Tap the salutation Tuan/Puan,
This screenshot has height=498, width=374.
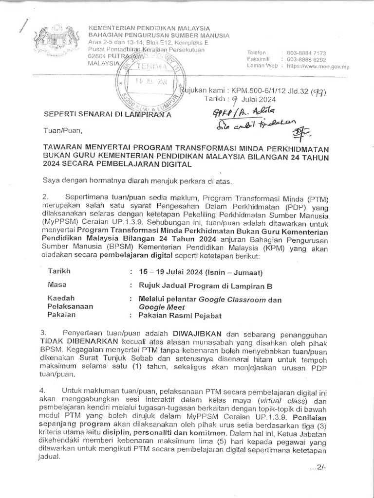60,130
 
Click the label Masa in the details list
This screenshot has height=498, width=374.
57,285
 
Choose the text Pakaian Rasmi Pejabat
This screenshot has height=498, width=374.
180,316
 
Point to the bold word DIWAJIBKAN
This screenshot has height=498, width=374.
197,334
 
